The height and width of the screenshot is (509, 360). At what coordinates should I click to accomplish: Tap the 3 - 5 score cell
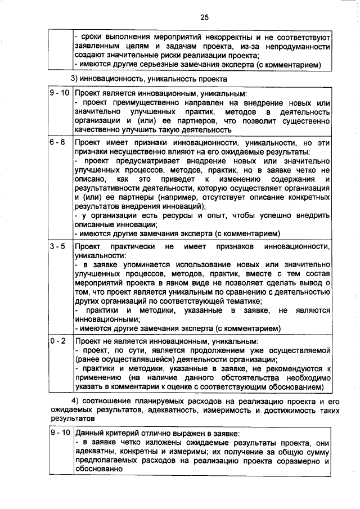tap(57, 246)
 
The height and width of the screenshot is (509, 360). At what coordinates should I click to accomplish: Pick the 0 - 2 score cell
tap(57, 341)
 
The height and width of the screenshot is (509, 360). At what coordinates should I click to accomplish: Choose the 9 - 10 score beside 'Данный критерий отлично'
tap(58, 434)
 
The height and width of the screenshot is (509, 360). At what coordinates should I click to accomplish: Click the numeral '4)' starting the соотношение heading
tap(79, 400)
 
